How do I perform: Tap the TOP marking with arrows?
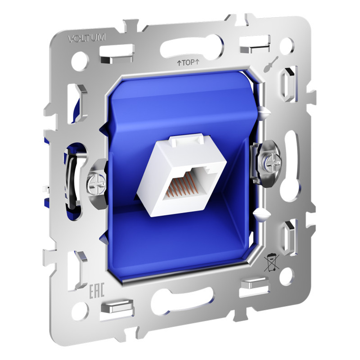click(x=188, y=62)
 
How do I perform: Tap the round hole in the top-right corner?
click(x=287, y=46)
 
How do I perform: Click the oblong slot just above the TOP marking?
click(x=191, y=46)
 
